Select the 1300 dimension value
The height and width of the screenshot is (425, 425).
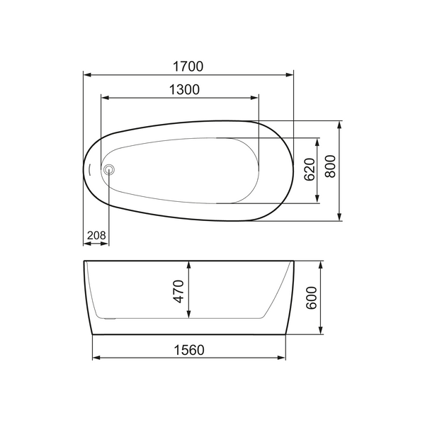click(183, 89)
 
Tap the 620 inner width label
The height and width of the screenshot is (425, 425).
click(309, 170)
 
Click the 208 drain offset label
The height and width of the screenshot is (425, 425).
click(96, 235)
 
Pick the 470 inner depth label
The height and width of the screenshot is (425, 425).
click(178, 292)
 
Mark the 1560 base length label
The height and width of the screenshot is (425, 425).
click(188, 349)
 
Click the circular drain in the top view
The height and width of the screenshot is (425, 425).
click(109, 169)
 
